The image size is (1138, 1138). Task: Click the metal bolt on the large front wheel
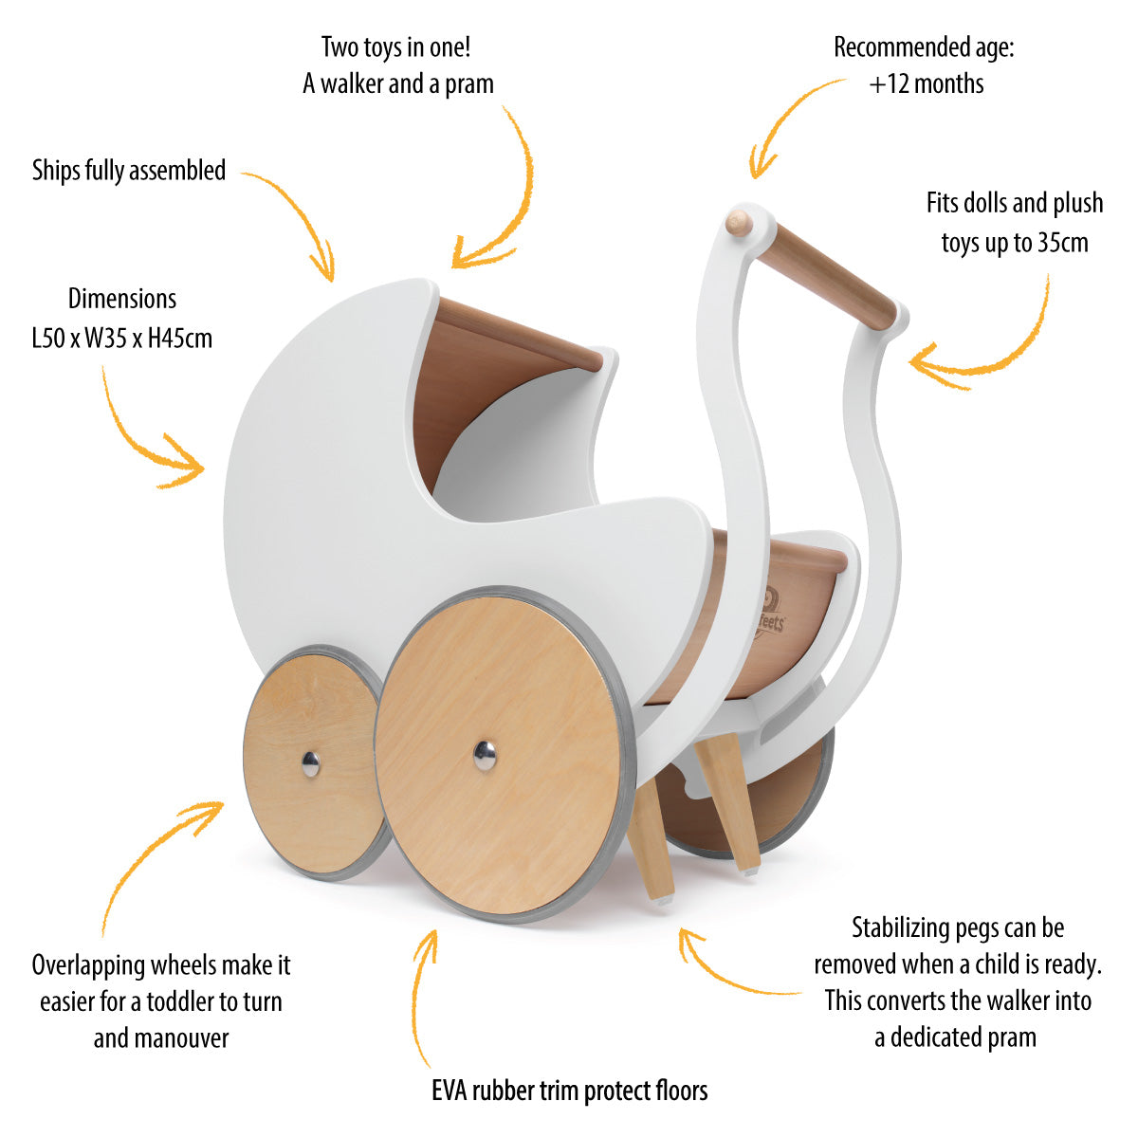point(484,755)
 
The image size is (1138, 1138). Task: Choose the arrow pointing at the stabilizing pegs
point(730,967)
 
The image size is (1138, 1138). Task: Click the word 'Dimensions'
point(122,300)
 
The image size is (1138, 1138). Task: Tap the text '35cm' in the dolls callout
point(1062,243)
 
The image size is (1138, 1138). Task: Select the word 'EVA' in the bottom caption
point(451,1091)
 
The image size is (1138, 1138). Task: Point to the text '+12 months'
point(927,84)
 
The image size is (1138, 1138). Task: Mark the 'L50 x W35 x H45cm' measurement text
point(122,338)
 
